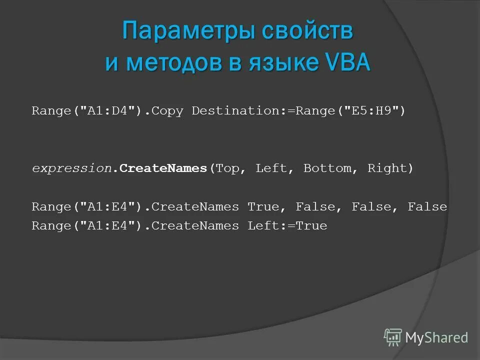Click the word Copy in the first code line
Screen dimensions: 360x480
point(167,110)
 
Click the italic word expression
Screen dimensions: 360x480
point(71,168)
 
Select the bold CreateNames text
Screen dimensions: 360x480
point(163,168)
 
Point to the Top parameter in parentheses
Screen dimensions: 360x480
point(227,168)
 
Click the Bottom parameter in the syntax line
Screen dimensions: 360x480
point(327,168)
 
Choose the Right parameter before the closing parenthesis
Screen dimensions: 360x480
point(387,168)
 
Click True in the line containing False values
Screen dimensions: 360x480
point(263,206)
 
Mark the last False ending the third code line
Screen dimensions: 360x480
point(427,206)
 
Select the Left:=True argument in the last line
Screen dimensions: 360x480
point(287,226)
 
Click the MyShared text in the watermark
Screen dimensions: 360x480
point(436,337)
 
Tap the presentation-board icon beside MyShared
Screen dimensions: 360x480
point(393,337)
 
